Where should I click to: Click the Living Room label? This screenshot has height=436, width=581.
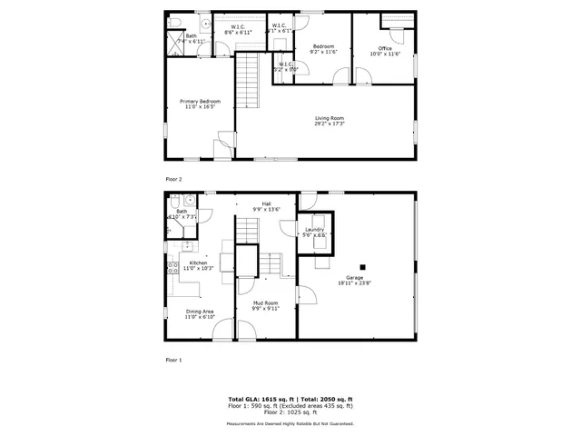pyautogui.click(x=330, y=118)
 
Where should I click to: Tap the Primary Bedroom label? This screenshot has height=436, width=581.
pyautogui.click(x=200, y=101)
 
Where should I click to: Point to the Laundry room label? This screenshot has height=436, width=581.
pyautogui.click(x=314, y=230)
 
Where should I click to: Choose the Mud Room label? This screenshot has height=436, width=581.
pyautogui.click(x=265, y=302)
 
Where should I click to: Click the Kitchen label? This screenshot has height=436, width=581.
pyautogui.click(x=198, y=263)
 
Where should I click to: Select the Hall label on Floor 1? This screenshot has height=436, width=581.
pyautogui.click(x=267, y=203)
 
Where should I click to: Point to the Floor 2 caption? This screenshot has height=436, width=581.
pyautogui.click(x=174, y=179)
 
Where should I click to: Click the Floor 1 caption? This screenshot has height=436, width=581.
pyautogui.click(x=174, y=360)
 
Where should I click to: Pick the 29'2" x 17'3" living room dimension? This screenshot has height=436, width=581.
pyautogui.click(x=330, y=124)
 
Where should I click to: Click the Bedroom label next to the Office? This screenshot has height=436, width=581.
pyautogui.click(x=324, y=46)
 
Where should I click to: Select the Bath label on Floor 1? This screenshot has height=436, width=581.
pyautogui.click(x=182, y=211)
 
